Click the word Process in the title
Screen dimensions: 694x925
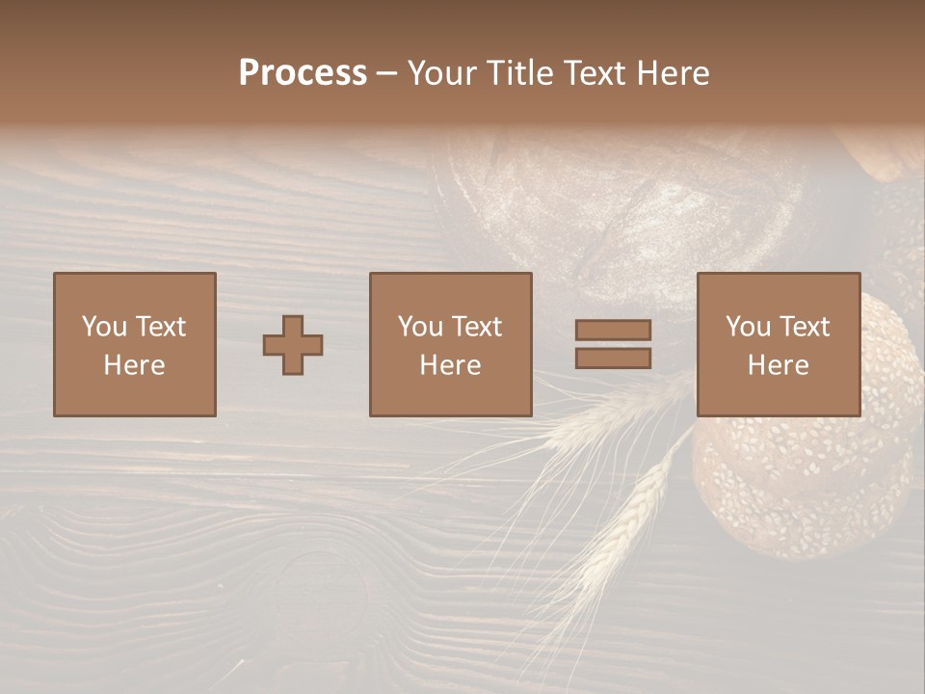(303, 73)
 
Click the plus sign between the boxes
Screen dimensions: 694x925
(293, 345)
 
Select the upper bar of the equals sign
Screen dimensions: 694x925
(613, 331)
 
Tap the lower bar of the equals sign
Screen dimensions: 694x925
(613, 359)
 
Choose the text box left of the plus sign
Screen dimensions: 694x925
(135, 345)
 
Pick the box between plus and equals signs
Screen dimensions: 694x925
(451, 345)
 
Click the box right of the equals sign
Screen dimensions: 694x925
(779, 345)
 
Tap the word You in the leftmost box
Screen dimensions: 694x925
(103, 327)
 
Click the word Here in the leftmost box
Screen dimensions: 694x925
(135, 365)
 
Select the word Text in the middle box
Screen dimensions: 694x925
(477, 327)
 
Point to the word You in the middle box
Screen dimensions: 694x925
(420, 327)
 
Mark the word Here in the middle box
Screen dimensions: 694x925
(451, 365)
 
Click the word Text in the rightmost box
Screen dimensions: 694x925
(805, 327)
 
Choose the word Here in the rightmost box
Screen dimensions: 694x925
(779, 365)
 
